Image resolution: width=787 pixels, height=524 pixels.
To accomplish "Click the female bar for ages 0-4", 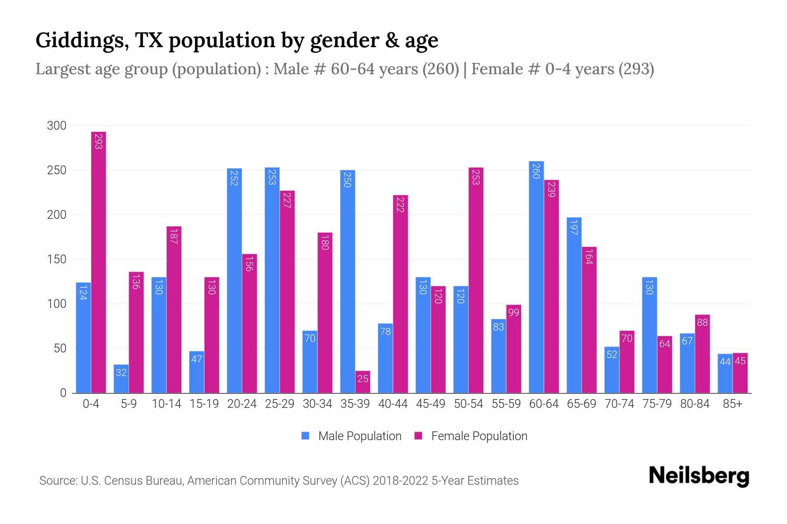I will pyautogui.click(x=98, y=262).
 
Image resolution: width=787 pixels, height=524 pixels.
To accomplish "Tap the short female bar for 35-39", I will pyautogui.click(x=363, y=382).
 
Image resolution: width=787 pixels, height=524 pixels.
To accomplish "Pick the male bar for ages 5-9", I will pyautogui.click(x=121, y=379).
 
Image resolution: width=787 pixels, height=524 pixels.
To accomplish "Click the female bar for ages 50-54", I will pyautogui.click(x=476, y=279).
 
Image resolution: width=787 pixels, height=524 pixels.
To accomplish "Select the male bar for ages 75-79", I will pyautogui.click(x=649, y=335).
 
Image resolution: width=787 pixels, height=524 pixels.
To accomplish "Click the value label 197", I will pyautogui.click(x=574, y=227).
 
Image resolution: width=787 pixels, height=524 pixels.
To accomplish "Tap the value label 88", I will pyautogui.click(x=702, y=322).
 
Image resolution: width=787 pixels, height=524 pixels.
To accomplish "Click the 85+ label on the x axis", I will pyautogui.click(x=732, y=404).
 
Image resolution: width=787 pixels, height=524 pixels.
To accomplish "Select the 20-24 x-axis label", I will pyautogui.click(x=242, y=404).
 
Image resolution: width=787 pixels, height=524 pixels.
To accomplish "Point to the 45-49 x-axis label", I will pyautogui.click(x=431, y=404).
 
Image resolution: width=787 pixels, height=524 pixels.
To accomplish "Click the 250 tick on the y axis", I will pyautogui.click(x=56, y=170).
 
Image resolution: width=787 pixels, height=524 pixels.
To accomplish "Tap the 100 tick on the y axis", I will pyautogui.click(x=56, y=304).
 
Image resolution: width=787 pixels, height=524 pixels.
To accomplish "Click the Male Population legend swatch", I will pyautogui.click(x=305, y=436).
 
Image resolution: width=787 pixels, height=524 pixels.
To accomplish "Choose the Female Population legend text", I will pyautogui.click(x=479, y=436).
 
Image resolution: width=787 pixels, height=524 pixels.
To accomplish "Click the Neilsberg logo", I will pyautogui.click(x=699, y=476).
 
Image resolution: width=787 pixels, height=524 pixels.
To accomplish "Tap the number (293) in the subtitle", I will pyautogui.click(x=636, y=69).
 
